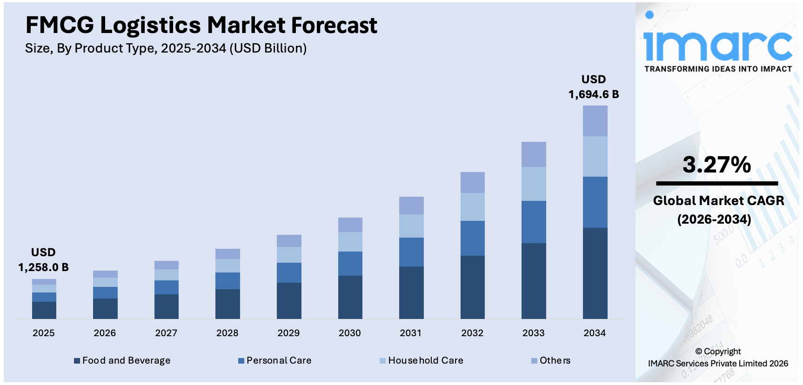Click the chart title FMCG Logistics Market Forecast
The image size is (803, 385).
[201, 25]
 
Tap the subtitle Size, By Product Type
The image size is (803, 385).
[166, 48]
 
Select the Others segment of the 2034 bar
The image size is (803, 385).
[595, 121]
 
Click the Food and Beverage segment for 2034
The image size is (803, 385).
[595, 273]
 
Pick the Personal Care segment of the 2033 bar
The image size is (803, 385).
[533, 222]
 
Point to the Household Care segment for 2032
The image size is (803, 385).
[472, 206]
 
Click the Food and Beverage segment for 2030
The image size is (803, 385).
[350, 297]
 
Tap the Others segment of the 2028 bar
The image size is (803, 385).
[228, 254]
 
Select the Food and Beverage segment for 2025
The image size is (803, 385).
[44, 310]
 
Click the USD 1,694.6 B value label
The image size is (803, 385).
[594, 87]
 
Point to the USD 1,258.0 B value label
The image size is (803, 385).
[43, 260]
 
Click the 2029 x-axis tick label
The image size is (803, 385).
[288, 333]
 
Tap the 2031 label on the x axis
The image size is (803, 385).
[411, 333]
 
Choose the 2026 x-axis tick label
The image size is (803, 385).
[105, 333]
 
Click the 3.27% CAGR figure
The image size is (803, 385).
[716, 165]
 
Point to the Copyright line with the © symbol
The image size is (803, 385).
[718, 352]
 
